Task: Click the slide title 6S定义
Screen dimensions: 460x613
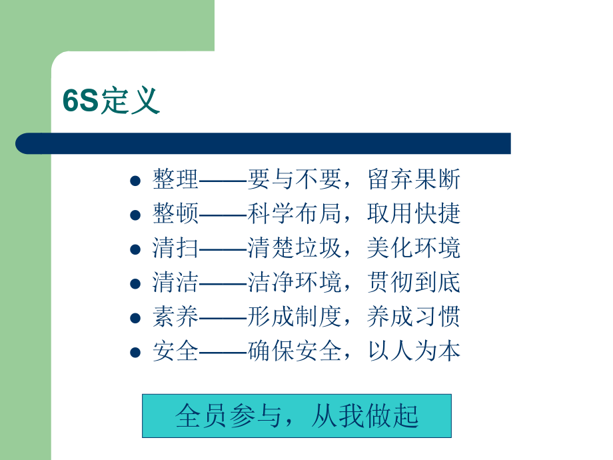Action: [x=111, y=101]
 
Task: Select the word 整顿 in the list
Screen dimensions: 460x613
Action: [x=175, y=213]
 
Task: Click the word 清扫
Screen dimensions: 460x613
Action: [x=175, y=248]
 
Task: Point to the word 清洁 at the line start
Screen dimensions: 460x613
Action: [x=175, y=283]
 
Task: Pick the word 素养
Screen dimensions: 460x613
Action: [x=175, y=317]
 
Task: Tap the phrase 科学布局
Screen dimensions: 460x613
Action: [x=294, y=213]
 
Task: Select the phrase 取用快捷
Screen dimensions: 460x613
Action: [x=414, y=213]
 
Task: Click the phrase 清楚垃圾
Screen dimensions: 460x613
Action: [x=294, y=248]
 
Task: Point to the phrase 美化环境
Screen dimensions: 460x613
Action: [x=414, y=248]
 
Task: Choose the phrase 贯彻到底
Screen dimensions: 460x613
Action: [x=414, y=283]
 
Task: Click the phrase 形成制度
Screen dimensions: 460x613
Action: [x=294, y=317]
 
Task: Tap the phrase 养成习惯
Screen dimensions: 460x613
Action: [x=414, y=317]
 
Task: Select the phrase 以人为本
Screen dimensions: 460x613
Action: [x=414, y=351]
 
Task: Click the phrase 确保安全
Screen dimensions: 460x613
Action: [x=294, y=351]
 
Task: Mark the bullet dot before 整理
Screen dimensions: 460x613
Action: [x=135, y=181]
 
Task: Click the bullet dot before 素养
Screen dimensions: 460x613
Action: [x=135, y=319]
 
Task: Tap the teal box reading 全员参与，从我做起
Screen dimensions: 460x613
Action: [x=297, y=415]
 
